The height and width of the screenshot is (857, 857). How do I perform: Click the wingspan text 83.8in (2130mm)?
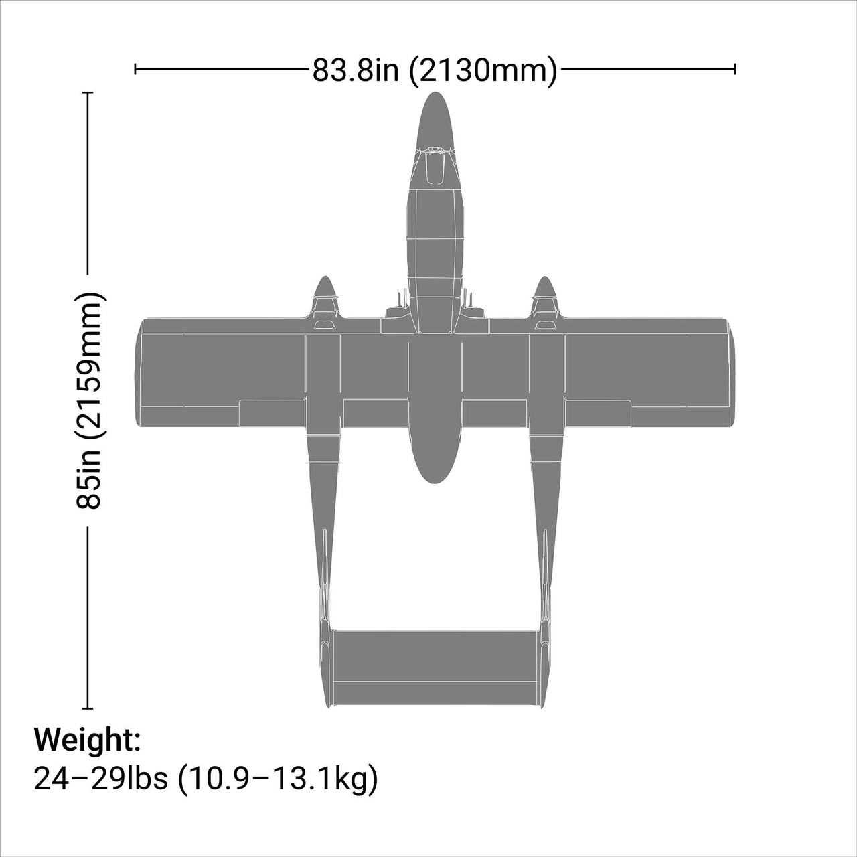click(x=435, y=70)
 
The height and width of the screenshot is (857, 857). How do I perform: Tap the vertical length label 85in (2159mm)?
click(x=90, y=400)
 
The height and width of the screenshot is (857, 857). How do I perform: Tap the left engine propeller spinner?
click(x=325, y=288)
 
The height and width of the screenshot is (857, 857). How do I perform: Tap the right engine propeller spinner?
click(x=544, y=288)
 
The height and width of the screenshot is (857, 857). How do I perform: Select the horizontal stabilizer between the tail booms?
click(x=435, y=666)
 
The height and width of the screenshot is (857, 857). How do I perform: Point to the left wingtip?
click(x=139, y=373)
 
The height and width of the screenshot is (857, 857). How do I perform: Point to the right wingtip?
click(x=731, y=373)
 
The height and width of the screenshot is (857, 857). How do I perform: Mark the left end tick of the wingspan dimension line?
click(x=135, y=68)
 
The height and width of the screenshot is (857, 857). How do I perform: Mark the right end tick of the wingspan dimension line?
click(x=735, y=68)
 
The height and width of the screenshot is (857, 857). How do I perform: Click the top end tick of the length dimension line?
click(x=88, y=93)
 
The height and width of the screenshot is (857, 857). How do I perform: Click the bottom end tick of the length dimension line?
click(x=88, y=708)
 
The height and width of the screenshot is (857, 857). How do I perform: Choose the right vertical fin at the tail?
click(x=544, y=663)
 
